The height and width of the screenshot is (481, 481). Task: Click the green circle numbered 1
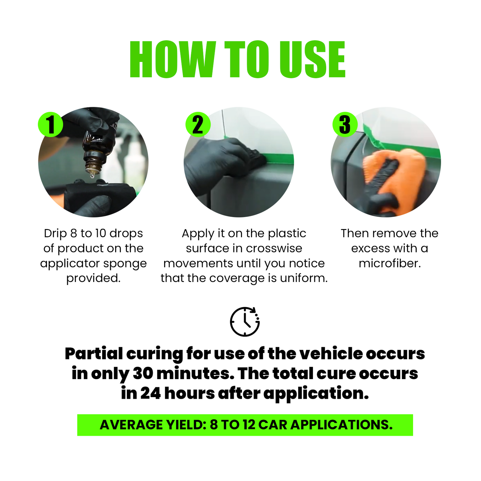pos(50,124)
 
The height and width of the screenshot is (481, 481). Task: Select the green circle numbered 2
pos(198,124)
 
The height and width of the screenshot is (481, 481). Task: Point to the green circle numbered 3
pos(345,124)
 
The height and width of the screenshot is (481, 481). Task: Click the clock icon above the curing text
pos(245,322)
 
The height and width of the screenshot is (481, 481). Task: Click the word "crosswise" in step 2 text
pos(274,248)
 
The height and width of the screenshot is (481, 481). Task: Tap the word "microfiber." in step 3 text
pos(390,263)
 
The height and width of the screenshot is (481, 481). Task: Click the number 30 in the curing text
pos(143,374)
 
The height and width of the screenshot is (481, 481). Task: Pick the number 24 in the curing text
pos(150,393)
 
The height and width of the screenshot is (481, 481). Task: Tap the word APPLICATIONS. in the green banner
pos(342,425)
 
